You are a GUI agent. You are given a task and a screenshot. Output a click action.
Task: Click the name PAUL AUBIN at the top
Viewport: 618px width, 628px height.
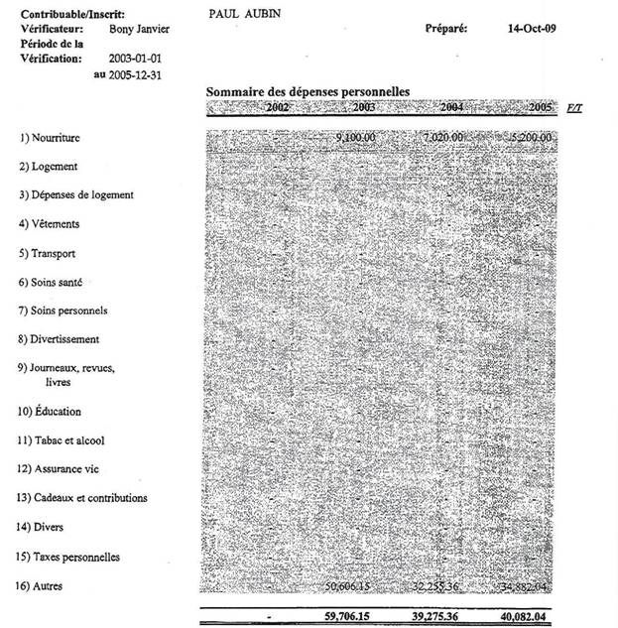coord(246,15)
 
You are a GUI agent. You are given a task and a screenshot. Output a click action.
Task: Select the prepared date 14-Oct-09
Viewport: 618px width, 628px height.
coord(531,30)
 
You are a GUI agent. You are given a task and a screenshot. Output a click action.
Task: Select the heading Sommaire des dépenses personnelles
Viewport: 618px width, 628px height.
coord(308,91)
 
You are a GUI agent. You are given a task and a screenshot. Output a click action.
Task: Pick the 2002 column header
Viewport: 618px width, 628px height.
coord(280,106)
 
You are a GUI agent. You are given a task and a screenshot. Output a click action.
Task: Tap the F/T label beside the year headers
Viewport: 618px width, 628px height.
coord(574,107)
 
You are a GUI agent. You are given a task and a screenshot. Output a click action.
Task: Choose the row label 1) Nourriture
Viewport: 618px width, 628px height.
coord(54,138)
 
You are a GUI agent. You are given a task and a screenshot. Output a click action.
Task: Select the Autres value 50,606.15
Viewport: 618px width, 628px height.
coord(352,586)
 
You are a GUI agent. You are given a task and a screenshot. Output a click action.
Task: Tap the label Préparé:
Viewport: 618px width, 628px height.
coord(445,30)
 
